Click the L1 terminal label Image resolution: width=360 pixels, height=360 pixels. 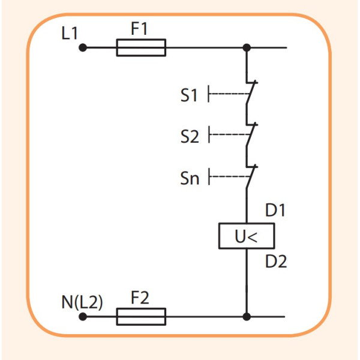[70, 33]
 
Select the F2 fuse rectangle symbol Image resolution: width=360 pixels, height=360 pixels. [140, 316]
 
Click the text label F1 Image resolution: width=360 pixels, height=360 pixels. [141, 29]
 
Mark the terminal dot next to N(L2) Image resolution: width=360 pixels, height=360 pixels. [83, 316]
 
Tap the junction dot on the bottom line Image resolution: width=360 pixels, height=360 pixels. [246, 316]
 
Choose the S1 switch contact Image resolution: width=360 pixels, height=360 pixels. [250, 94]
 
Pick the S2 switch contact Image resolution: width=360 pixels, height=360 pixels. [250, 136]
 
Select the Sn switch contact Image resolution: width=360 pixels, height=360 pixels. [250, 176]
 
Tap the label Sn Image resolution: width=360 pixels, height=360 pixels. [190, 179]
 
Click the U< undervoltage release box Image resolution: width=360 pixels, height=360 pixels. [246, 237]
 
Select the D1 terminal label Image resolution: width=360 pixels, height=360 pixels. [277, 211]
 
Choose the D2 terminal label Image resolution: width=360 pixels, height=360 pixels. [277, 262]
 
